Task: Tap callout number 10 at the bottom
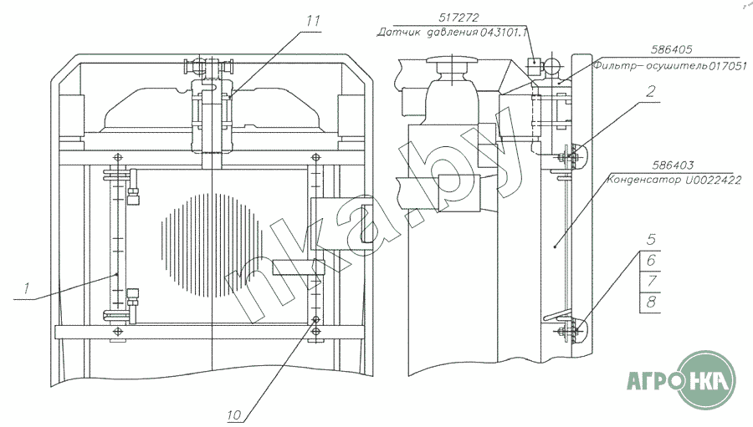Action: (x=234, y=413)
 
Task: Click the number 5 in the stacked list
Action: (x=651, y=244)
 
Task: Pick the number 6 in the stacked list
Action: (x=651, y=262)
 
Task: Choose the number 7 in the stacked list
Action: (x=651, y=282)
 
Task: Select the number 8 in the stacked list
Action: (x=651, y=301)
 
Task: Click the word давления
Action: (x=449, y=33)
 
